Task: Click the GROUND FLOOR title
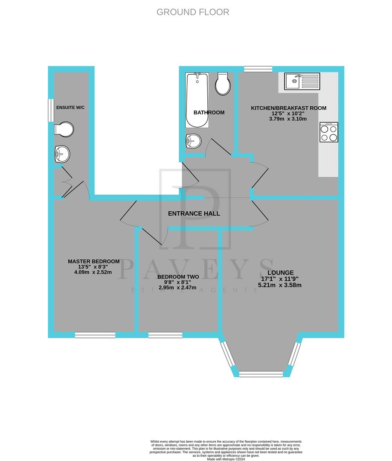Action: (x=193, y=12)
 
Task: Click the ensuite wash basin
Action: (x=62, y=154)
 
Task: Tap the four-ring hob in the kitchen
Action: (x=328, y=132)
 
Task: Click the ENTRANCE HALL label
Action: (x=194, y=213)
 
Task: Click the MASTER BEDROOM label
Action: (x=93, y=261)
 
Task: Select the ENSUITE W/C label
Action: (x=71, y=107)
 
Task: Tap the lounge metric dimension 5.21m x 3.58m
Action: (x=280, y=285)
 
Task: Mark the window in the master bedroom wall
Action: (x=95, y=336)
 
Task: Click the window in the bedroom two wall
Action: (x=165, y=336)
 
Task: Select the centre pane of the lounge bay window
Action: (x=261, y=374)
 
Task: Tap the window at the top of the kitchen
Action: (x=258, y=69)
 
